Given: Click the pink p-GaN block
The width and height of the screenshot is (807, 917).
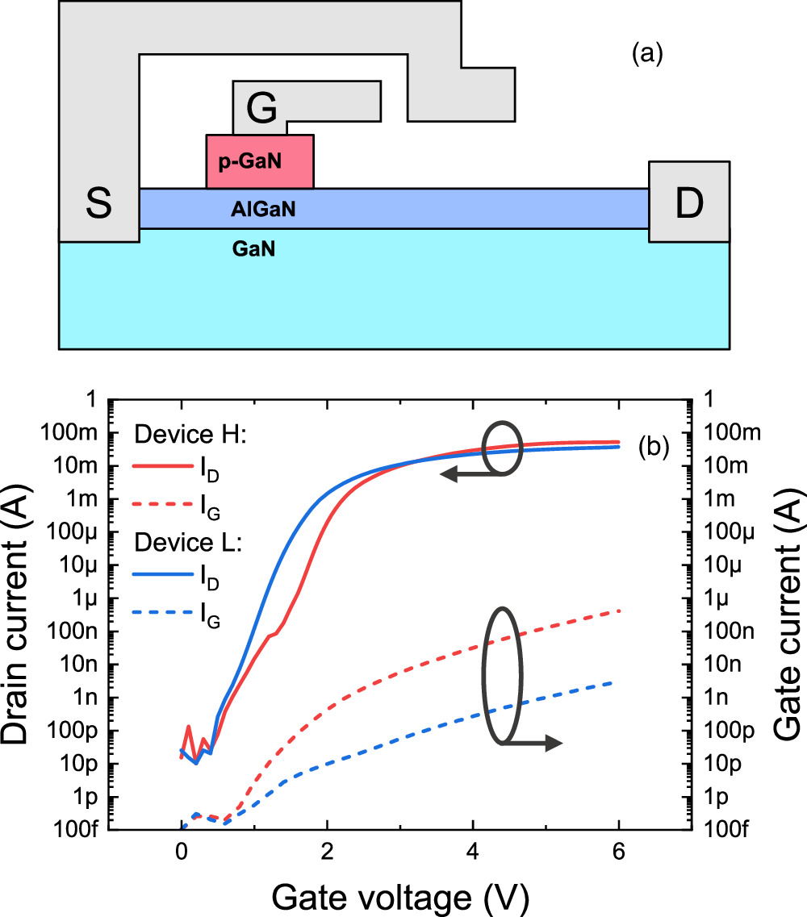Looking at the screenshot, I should point(260,161).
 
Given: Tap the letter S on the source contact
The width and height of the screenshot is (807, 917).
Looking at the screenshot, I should point(99,206).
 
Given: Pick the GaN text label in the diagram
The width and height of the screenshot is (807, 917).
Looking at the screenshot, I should point(254,250).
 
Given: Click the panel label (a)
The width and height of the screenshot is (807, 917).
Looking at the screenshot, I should point(647,54).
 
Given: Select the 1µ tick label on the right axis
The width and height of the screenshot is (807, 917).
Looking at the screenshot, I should point(721,598).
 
